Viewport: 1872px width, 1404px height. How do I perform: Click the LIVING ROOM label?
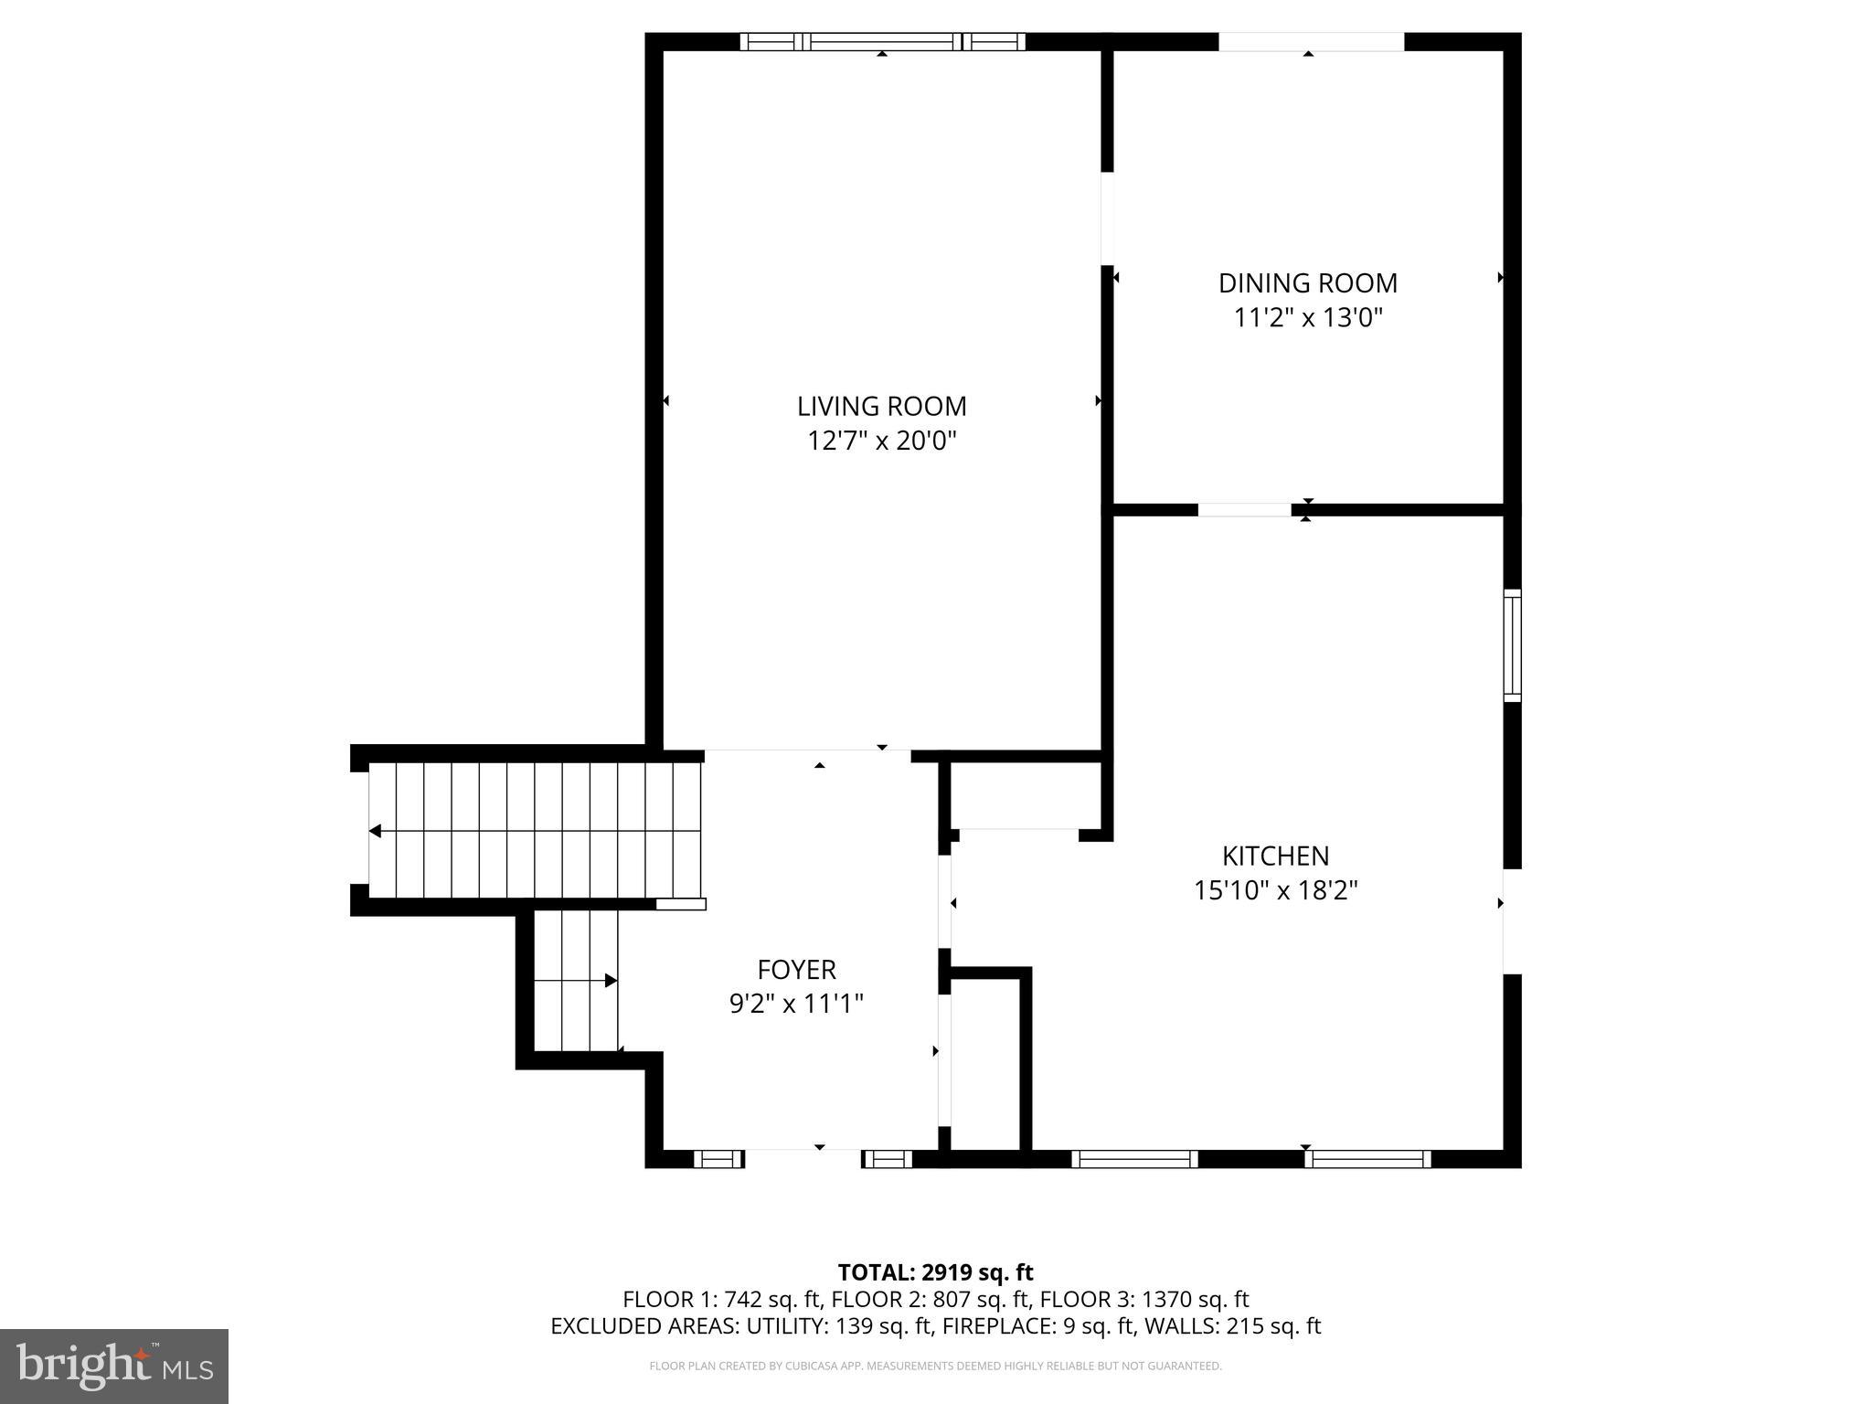coord(881,406)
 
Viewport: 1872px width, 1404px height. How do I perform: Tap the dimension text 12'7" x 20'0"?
coord(881,441)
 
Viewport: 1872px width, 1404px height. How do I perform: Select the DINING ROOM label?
coord(1307,283)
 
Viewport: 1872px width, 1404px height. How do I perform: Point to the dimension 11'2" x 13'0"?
coord(1307,318)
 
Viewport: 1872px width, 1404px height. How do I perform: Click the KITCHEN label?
coord(1275,856)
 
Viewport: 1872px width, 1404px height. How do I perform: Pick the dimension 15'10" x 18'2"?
coord(1275,890)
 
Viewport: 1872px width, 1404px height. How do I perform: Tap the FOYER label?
coord(796,970)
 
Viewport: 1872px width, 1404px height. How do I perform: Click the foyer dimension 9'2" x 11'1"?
coord(796,1005)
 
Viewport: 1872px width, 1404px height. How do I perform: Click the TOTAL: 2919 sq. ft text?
coord(935,1272)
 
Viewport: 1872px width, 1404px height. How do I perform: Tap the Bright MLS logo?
coord(114,1367)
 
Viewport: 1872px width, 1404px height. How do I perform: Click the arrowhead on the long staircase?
coord(375,831)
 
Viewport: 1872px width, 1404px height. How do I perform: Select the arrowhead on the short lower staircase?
coord(611,981)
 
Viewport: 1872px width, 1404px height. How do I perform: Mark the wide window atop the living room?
coord(882,41)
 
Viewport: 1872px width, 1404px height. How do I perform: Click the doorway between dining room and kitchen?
coord(1244,510)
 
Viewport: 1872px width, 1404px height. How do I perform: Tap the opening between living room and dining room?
coord(1107,218)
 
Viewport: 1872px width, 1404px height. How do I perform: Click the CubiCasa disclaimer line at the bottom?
coord(935,1367)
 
